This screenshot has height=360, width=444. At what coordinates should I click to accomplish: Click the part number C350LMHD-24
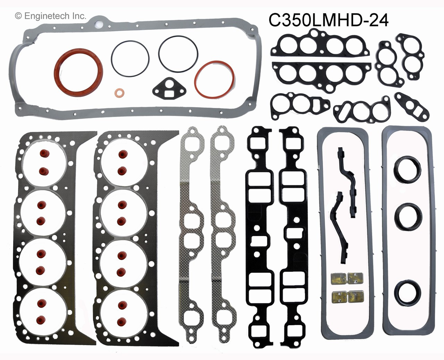328,20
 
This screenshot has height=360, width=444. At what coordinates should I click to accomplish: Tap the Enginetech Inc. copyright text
51,16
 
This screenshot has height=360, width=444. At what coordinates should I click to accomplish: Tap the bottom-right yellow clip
353,296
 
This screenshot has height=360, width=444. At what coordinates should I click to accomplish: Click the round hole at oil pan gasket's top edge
100,24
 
